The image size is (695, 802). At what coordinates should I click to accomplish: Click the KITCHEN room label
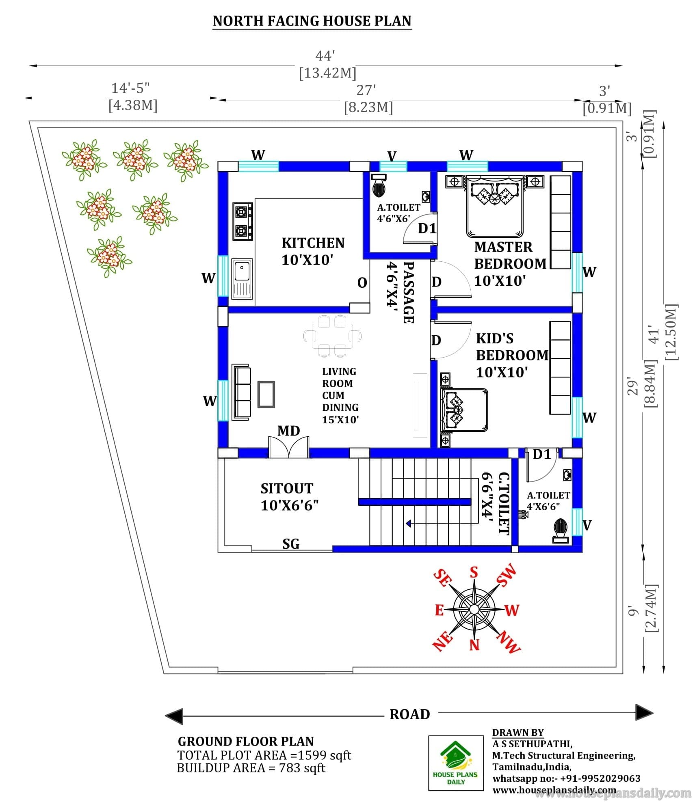click(x=313, y=243)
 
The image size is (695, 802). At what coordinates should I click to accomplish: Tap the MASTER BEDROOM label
click(x=510, y=255)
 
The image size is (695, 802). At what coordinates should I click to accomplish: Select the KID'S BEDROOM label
click(x=512, y=347)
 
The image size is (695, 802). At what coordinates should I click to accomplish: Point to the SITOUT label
click(x=287, y=488)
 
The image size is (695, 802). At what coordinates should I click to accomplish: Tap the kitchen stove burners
click(x=242, y=222)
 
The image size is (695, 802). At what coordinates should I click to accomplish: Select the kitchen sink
click(x=242, y=278)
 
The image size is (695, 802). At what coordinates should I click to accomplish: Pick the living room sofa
click(x=241, y=392)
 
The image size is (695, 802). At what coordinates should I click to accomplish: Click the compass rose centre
click(x=474, y=609)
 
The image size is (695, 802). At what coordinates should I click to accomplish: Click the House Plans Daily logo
click(x=456, y=763)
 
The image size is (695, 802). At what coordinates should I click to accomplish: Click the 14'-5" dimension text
click(x=130, y=88)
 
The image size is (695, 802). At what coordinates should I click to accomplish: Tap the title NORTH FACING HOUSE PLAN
click(x=312, y=21)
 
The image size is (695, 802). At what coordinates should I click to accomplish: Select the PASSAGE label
click(x=409, y=292)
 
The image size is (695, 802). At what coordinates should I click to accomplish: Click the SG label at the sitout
click(x=291, y=543)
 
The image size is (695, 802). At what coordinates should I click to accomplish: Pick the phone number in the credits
click(x=600, y=778)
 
